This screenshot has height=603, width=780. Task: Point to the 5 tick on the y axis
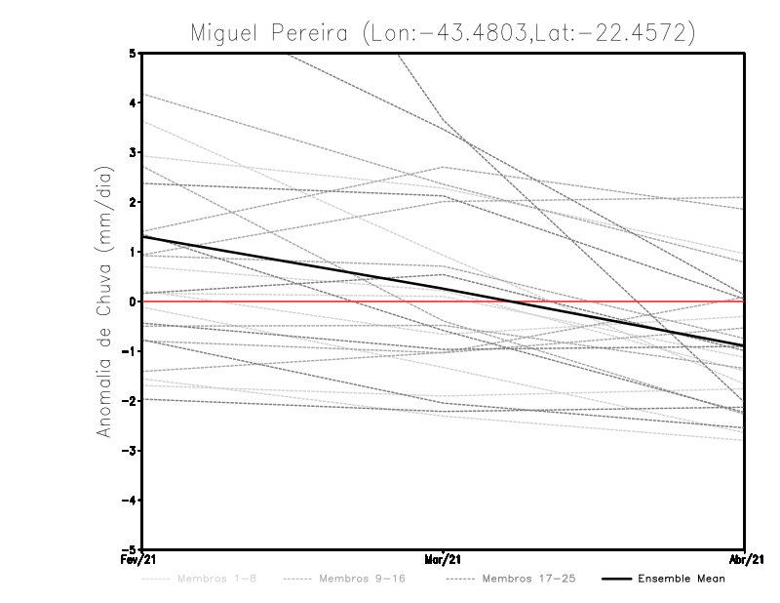coord(134,53)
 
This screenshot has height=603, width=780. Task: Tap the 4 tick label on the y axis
coord(134,102)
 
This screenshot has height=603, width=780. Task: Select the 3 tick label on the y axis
coord(134,152)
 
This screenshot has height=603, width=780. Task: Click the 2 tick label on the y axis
coord(134,202)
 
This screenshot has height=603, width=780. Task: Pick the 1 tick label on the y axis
coord(134,252)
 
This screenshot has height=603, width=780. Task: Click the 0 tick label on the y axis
coord(134,301)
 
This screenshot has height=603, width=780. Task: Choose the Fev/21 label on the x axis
coord(141,559)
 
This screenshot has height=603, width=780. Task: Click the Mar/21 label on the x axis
coord(444,559)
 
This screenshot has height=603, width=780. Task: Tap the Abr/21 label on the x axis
coord(744,559)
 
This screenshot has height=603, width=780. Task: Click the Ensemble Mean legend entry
coord(681,580)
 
